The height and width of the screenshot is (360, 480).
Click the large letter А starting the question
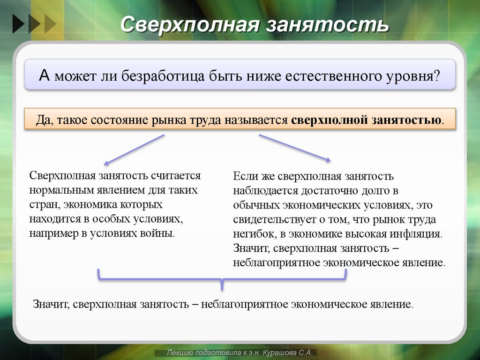pos(44,75)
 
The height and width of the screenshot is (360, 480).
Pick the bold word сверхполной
pos(329,120)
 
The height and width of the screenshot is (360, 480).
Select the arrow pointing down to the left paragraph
pos(134,150)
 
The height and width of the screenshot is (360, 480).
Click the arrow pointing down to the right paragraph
pos(294,148)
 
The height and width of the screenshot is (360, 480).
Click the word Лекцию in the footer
pos(181,352)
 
